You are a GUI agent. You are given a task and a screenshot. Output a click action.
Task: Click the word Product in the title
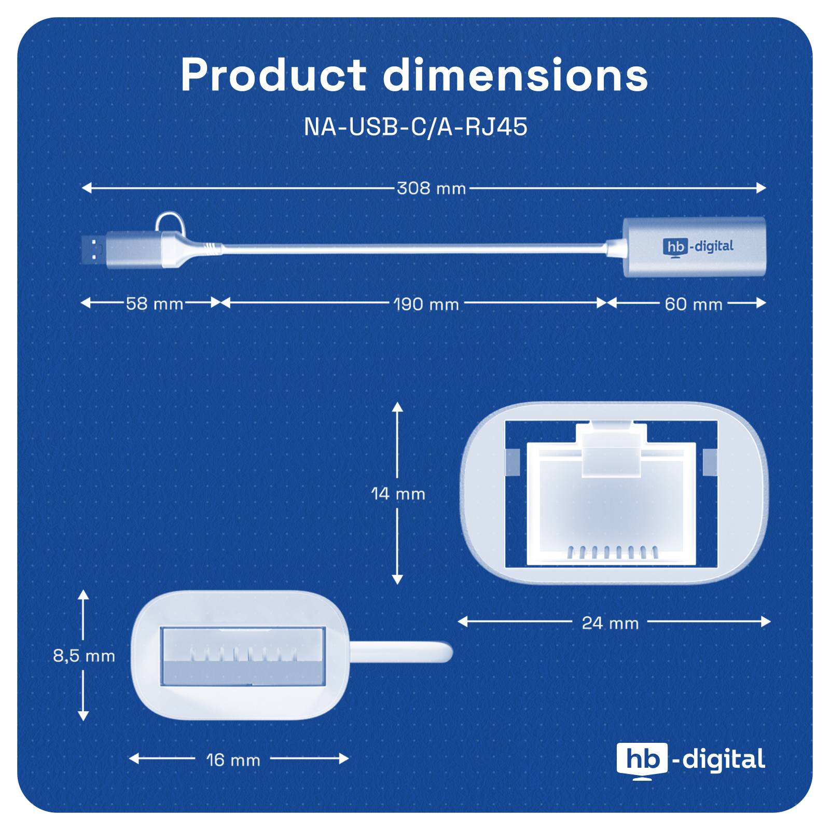coord(273,75)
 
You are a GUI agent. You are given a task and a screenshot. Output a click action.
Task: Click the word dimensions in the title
coord(515,75)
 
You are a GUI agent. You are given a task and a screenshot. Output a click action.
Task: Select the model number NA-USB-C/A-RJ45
coord(415,127)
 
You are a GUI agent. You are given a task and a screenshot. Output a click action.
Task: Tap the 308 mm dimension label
coord(431,188)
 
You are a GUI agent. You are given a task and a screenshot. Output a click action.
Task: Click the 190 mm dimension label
coord(426,304)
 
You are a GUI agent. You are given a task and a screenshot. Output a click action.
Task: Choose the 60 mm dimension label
coord(693,304)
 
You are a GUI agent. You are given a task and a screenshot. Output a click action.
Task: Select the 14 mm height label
coord(398,493)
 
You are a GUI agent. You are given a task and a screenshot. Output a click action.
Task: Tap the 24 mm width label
coord(610,622)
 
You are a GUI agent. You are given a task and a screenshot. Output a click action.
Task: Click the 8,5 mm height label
coord(84,656)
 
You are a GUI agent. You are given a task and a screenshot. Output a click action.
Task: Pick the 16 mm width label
coord(233,760)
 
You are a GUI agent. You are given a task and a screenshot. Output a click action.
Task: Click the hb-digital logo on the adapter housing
coord(698,246)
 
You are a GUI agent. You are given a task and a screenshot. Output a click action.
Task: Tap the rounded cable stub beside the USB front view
coord(399,652)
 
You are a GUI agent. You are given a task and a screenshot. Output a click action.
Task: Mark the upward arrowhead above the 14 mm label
coord(397,407)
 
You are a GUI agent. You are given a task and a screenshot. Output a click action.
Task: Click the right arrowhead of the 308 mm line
coord(762,188)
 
